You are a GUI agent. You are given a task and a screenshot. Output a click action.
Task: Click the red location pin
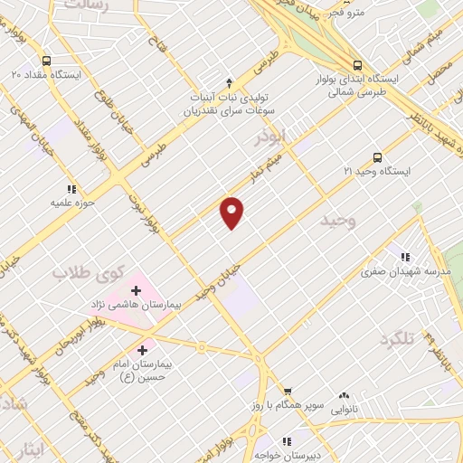(232, 212)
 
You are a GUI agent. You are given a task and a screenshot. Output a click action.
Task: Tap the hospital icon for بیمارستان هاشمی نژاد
(136, 290)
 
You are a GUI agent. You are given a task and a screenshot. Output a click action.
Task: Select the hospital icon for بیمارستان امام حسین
(143, 348)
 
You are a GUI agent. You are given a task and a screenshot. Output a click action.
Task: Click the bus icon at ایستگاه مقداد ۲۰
(17, 75)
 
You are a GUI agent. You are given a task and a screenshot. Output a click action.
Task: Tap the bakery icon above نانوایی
(344, 395)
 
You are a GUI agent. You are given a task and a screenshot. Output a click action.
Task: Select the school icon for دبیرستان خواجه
(286, 441)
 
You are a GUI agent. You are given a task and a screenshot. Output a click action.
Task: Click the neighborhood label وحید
(338, 221)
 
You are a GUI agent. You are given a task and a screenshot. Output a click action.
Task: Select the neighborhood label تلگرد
(396, 339)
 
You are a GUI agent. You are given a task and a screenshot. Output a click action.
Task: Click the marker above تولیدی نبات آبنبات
(229, 80)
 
